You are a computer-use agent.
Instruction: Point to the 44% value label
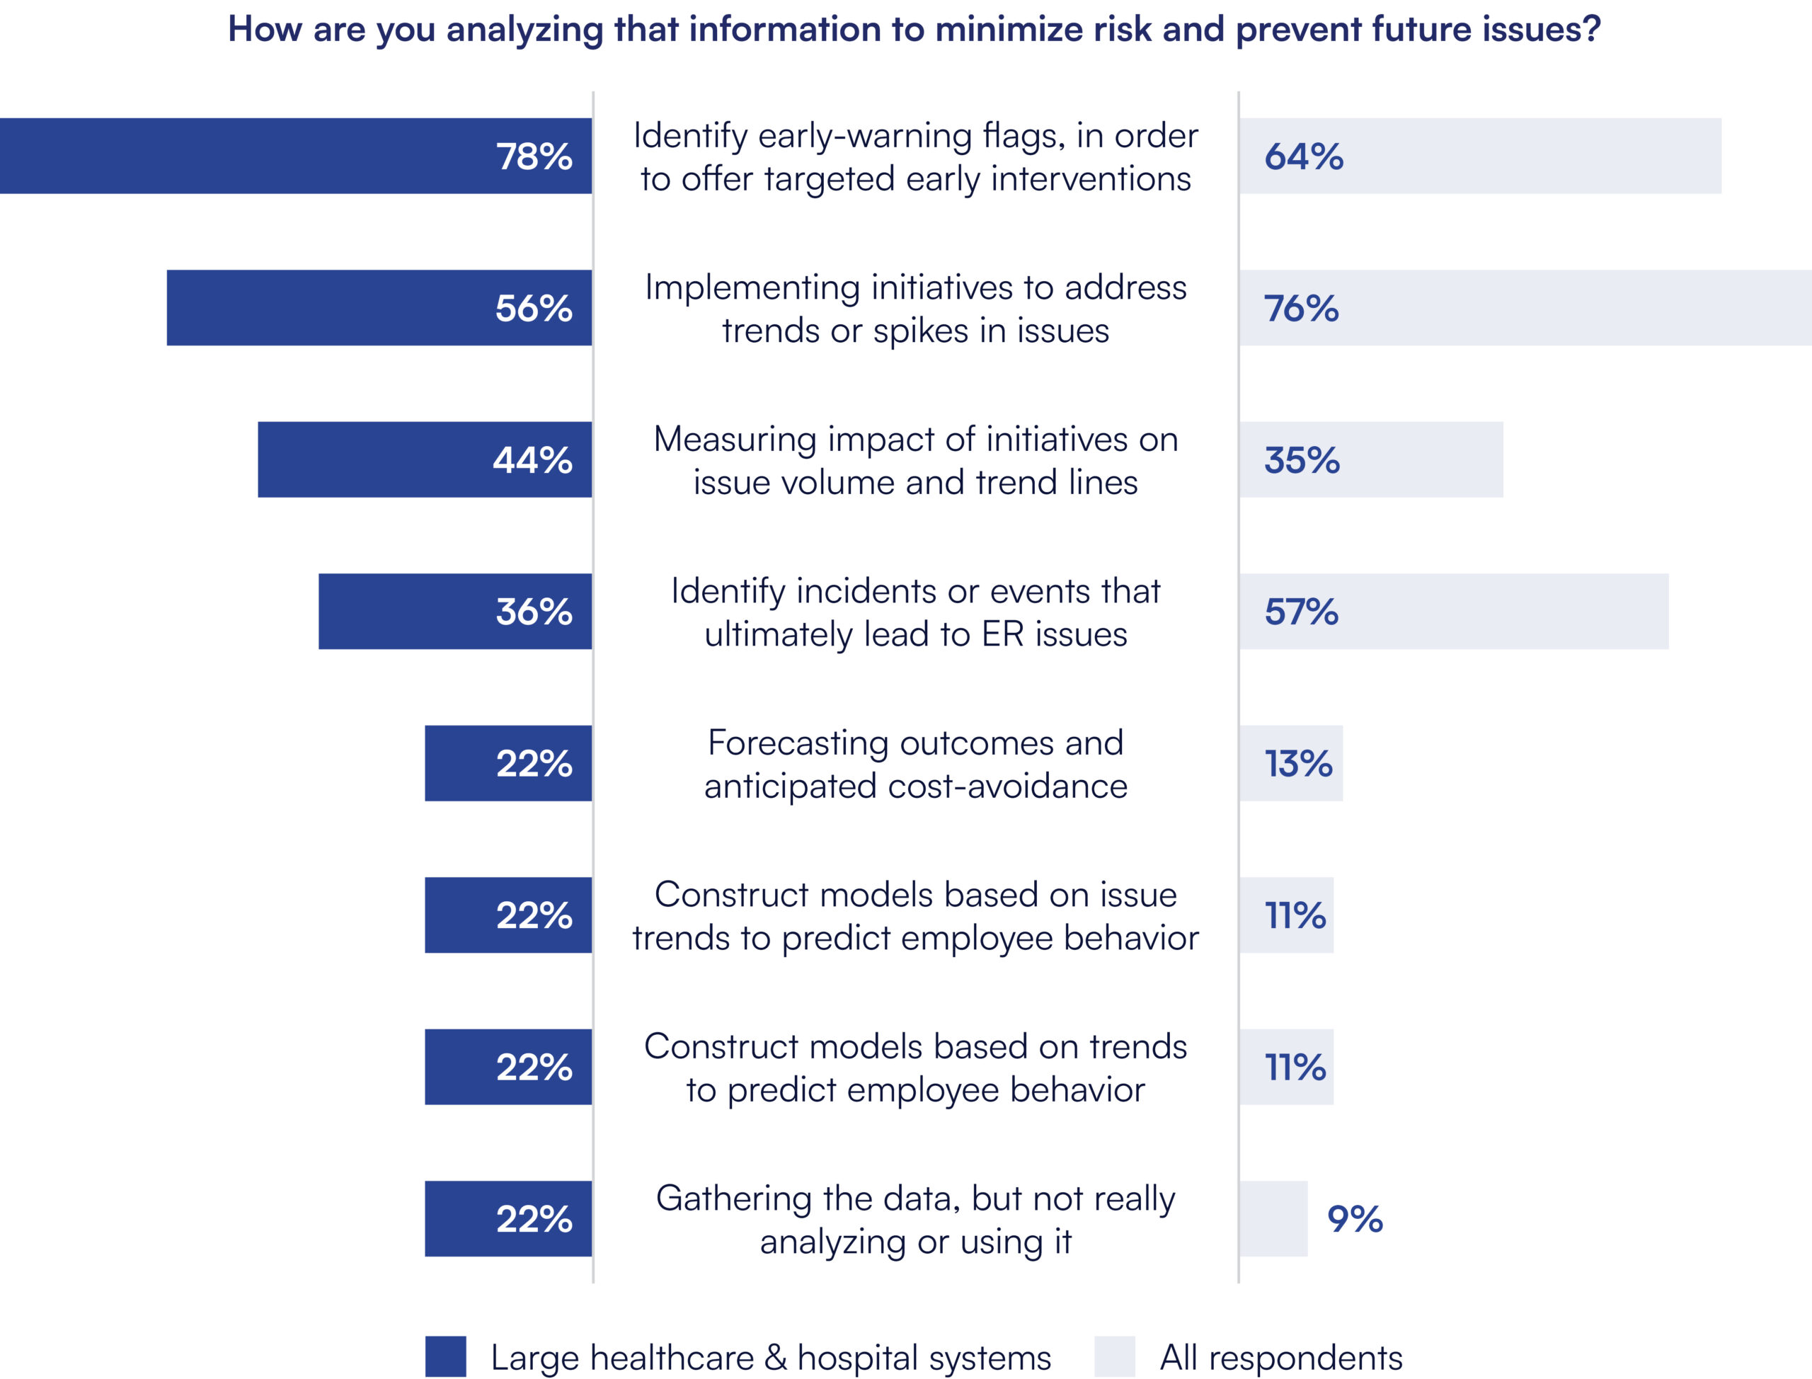532,460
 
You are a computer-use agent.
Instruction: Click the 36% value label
534,612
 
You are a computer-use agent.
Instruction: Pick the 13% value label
1298,763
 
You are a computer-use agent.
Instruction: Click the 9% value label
1355,1219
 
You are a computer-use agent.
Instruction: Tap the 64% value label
1304,156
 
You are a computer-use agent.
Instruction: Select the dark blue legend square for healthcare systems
446,1357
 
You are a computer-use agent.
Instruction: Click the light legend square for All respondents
1114,1357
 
